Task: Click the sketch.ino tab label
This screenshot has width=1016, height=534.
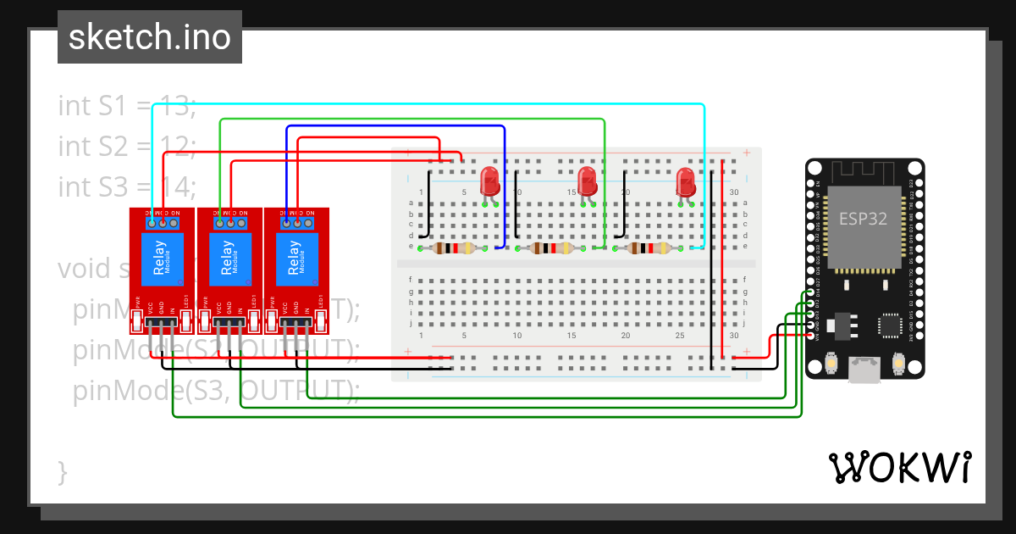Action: [x=149, y=37]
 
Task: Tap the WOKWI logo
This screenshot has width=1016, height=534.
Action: [x=899, y=467]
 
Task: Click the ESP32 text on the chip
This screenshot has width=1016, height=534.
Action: [x=863, y=219]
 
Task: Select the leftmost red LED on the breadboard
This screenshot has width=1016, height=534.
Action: [x=489, y=181]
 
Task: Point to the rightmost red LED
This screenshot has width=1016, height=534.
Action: [x=686, y=181]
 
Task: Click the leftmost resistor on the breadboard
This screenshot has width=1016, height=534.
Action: [x=457, y=248]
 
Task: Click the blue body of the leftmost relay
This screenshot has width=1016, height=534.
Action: [x=160, y=258]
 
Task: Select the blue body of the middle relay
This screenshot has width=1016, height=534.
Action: [x=228, y=258]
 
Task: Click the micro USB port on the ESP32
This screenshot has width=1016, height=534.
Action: [x=864, y=367]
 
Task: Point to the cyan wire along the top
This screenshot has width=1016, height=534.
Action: [x=423, y=104]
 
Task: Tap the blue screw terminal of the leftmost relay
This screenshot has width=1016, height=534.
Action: [x=163, y=222]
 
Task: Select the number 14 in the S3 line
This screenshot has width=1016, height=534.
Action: [x=179, y=186]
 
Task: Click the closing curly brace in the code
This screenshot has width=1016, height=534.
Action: [x=62, y=471]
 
